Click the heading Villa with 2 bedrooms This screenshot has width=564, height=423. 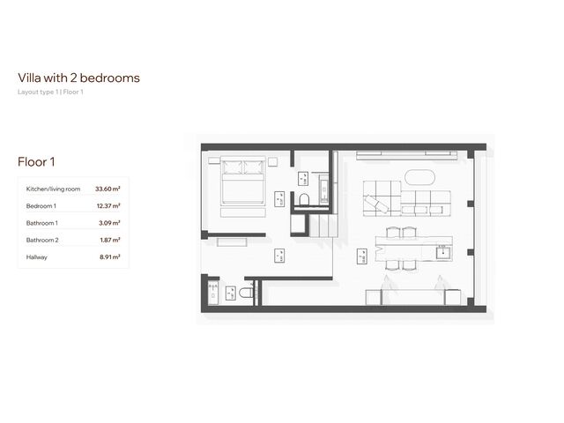point(78,78)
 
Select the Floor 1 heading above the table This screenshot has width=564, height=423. point(37,161)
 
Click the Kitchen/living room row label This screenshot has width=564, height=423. point(53,189)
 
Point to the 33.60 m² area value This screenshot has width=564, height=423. point(108,189)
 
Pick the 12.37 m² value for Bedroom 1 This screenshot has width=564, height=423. point(108,205)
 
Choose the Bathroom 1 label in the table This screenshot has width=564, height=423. point(42,223)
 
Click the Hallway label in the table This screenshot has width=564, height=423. point(37,256)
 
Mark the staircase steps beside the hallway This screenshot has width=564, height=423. point(323,226)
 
